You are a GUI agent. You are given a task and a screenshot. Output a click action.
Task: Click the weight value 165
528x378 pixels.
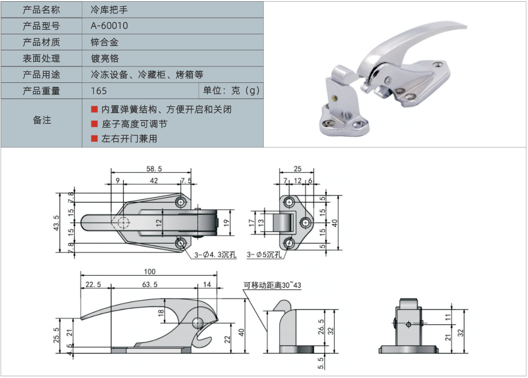(98, 90)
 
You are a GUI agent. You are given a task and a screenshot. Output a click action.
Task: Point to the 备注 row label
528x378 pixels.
(42, 120)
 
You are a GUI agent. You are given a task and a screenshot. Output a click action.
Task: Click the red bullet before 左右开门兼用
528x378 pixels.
(94, 138)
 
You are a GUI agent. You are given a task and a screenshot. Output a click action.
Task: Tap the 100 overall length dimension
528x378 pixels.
(149, 272)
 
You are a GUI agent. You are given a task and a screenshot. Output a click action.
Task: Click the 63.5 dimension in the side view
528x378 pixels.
(149, 284)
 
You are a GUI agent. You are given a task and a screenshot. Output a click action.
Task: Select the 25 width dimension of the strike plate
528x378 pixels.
(297, 169)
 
